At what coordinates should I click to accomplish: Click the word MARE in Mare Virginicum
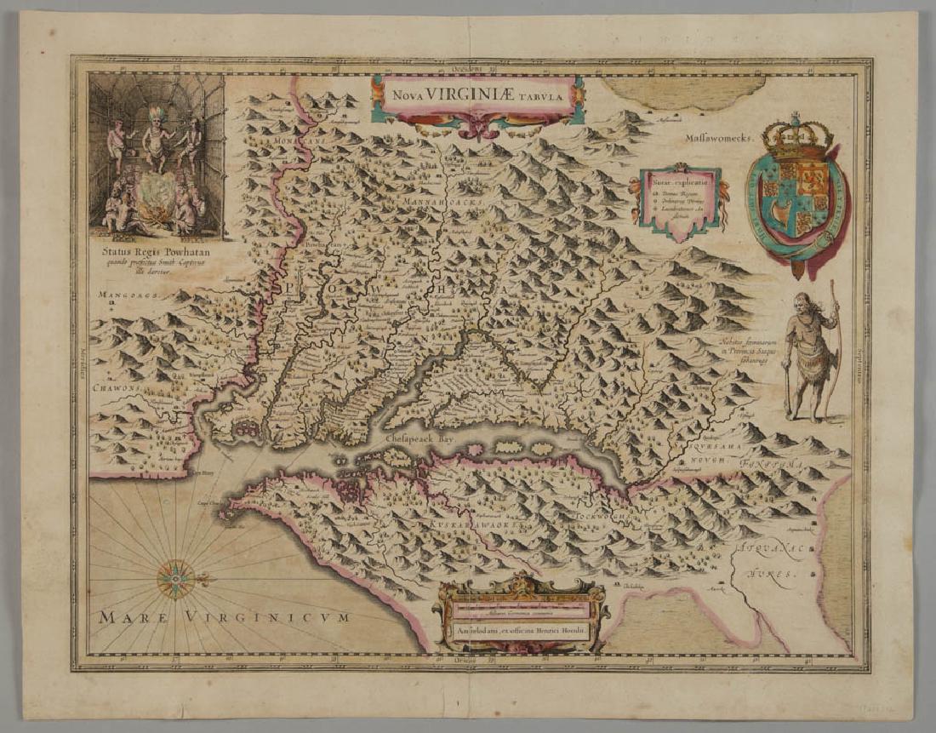tap(128, 617)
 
